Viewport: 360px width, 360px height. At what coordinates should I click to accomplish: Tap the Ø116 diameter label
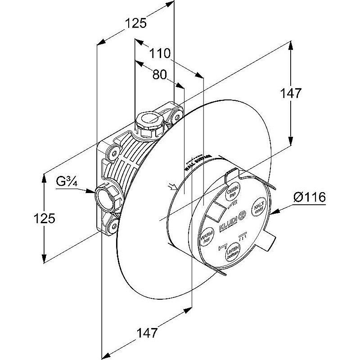pyautogui.click(x=309, y=197)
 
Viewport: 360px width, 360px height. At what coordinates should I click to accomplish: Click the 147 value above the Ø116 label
pyautogui.click(x=290, y=94)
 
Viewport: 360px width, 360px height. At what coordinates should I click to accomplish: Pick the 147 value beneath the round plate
pyautogui.click(x=148, y=333)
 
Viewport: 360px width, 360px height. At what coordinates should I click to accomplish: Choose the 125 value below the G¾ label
pyautogui.click(x=44, y=218)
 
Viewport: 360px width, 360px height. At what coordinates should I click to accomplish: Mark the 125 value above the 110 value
pyautogui.click(x=135, y=24)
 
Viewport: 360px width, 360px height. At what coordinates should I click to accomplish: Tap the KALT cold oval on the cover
pyautogui.click(x=259, y=208)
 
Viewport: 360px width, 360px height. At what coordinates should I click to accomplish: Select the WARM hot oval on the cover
pyautogui.click(x=206, y=235)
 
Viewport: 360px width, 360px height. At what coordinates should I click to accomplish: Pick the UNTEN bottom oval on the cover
pyautogui.click(x=232, y=252)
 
